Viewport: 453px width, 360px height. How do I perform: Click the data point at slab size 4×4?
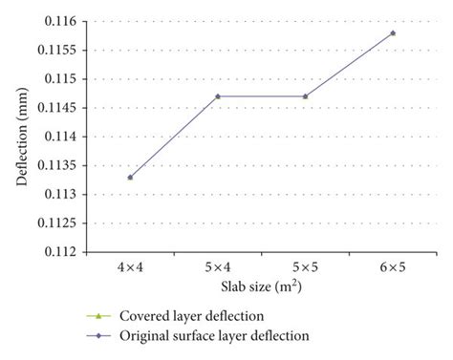[130, 177]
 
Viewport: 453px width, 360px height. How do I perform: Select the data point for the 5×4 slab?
[218, 96]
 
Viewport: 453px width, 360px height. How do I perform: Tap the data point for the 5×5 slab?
[306, 96]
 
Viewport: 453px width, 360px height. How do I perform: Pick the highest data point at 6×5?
[393, 33]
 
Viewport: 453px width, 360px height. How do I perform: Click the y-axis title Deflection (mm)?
[21, 137]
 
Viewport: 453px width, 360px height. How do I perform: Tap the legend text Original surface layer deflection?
[215, 336]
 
